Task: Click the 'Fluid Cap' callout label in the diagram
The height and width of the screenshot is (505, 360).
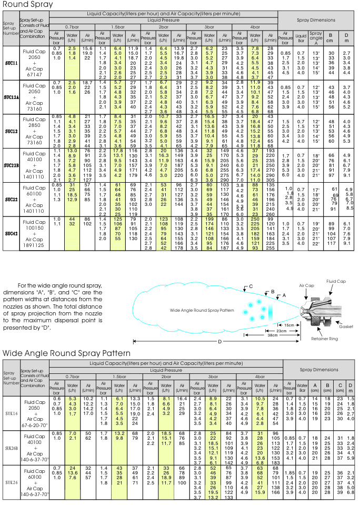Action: point(336,282)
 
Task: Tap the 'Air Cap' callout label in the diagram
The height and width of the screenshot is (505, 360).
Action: point(306,285)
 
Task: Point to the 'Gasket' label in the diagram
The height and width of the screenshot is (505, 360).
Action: point(346,326)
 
